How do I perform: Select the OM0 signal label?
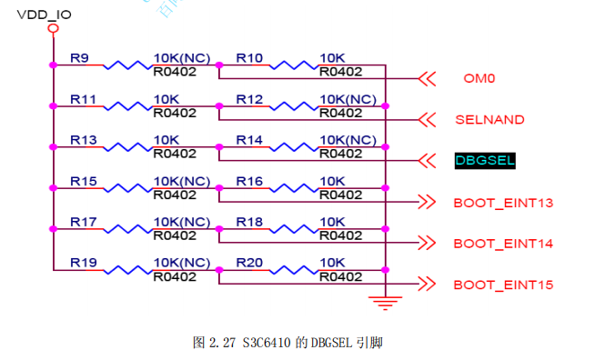pos(479,78)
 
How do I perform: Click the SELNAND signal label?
pos(489,119)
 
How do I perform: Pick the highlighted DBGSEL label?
pos(486,161)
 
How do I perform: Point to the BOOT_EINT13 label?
pos(503,202)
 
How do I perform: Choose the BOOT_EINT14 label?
pos(503,244)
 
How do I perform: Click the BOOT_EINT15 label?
pos(503,285)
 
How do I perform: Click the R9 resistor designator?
pos(79,58)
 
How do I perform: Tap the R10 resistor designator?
pos(249,58)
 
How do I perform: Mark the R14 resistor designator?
pos(249,140)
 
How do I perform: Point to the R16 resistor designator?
pos(249,181)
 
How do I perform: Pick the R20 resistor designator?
pos(249,263)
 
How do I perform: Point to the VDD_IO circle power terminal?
pos(53,28)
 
